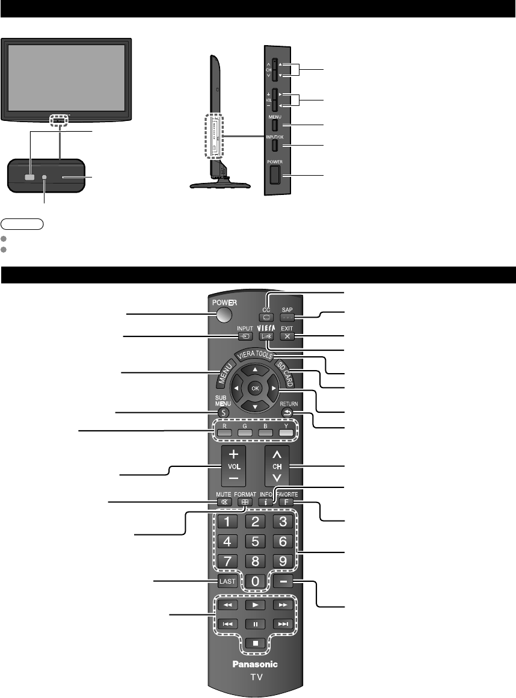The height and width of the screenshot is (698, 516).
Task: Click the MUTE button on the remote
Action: (224, 501)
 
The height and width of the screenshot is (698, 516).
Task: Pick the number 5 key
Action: (255, 541)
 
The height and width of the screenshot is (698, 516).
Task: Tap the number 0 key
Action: (255, 582)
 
